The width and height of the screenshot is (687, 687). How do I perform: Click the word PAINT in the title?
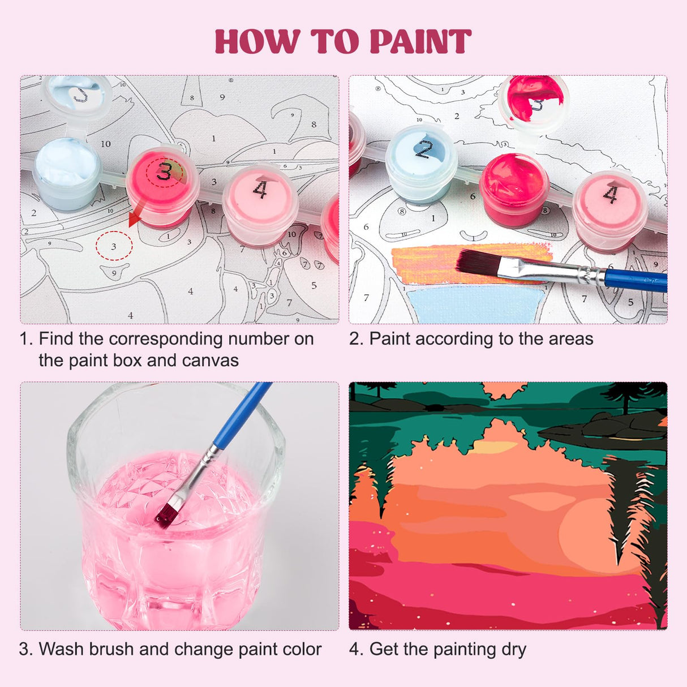(420, 42)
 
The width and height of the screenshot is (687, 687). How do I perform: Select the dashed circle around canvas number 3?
(114, 246)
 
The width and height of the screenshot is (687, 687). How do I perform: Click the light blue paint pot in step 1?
(67, 173)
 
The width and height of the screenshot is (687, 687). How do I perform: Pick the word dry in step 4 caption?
(513, 650)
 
